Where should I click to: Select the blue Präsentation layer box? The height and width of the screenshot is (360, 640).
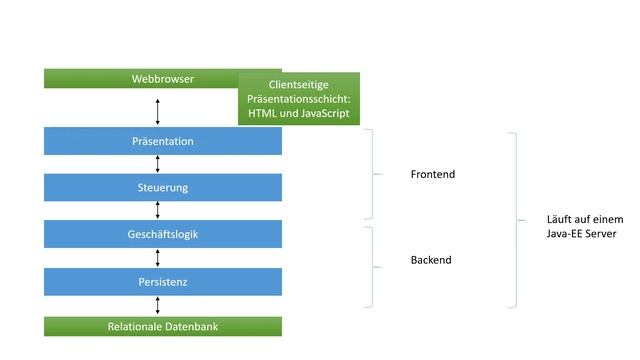point(163,142)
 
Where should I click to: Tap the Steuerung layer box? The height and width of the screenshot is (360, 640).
point(163,188)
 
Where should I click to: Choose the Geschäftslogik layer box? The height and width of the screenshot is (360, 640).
point(163,234)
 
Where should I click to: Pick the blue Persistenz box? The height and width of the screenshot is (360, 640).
point(163,282)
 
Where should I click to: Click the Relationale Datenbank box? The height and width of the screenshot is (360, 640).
point(163,327)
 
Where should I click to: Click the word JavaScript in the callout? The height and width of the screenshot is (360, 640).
point(319,115)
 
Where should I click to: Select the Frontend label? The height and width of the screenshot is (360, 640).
point(432,175)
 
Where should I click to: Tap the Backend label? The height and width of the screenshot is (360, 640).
point(431,260)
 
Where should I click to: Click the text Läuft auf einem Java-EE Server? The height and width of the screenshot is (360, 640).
point(585,226)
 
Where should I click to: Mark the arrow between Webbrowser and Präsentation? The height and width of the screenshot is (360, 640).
point(158,108)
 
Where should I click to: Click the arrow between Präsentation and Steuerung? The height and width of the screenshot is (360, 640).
point(158,164)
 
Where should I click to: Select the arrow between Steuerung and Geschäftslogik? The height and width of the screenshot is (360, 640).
point(158,211)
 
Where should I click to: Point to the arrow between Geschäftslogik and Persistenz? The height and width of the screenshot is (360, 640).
point(158,258)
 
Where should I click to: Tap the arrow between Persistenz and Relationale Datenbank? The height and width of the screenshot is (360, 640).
point(158,305)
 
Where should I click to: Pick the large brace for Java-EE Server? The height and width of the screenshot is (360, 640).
point(516,220)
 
